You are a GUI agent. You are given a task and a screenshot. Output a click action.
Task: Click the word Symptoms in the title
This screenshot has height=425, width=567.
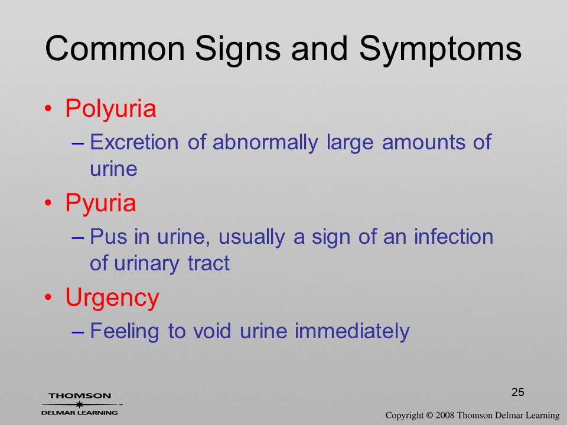click(440, 50)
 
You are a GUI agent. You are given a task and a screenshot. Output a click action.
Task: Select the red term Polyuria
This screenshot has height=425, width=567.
click(110, 109)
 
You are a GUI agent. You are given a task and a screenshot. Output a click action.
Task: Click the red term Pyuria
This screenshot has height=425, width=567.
click(100, 204)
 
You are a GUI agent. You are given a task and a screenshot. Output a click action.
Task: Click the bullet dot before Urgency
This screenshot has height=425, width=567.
click(48, 297)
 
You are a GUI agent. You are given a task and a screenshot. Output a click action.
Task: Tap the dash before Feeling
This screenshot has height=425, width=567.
click(78, 332)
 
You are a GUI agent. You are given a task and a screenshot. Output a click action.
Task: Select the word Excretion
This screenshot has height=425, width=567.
click(134, 142)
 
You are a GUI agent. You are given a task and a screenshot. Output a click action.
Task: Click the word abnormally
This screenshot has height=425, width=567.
click(265, 143)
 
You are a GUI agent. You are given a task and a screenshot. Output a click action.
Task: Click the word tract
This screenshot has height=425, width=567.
click(208, 263)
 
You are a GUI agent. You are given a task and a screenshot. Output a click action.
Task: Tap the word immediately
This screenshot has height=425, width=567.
click(352, 331)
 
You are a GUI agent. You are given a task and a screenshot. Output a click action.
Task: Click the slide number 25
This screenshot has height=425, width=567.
click(518, 392)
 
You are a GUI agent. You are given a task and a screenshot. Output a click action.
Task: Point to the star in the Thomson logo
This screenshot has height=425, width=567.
click(79, 404)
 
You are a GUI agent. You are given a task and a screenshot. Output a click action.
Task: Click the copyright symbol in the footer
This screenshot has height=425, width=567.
click(429, 416)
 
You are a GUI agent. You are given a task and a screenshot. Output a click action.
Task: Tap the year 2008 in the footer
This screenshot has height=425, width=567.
click(445, 416)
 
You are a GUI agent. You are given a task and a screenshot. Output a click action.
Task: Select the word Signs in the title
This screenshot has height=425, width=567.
click(237, 50)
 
